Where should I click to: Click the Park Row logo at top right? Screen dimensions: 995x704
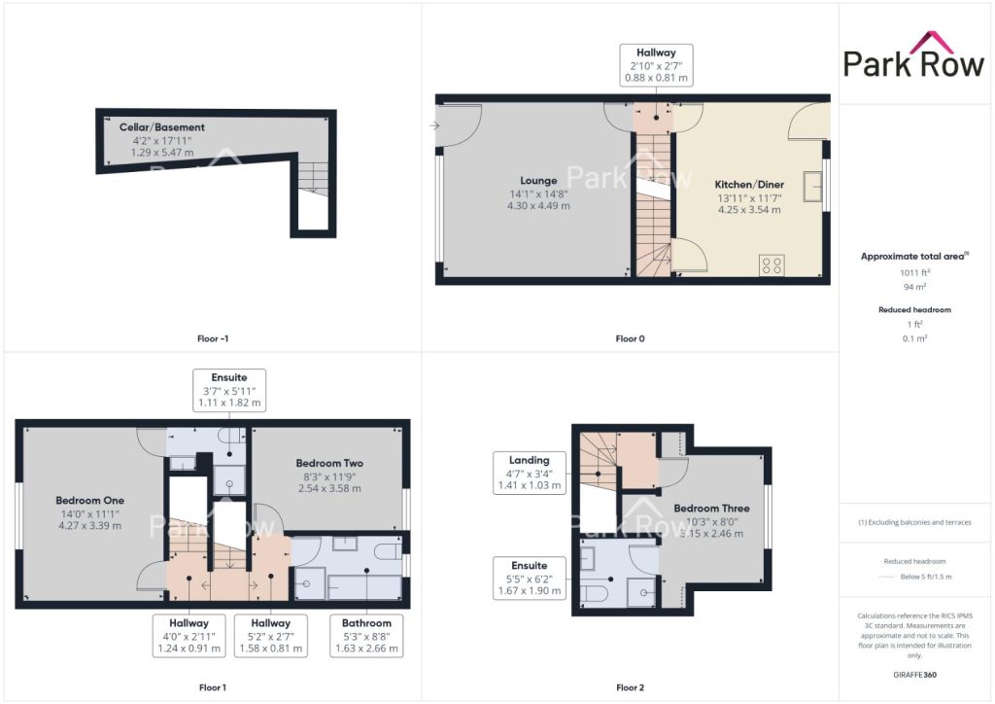(913, 55)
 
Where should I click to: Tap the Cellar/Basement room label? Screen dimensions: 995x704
(162, 127)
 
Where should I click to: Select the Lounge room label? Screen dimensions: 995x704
(538, 181)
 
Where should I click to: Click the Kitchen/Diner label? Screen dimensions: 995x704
(749, 184)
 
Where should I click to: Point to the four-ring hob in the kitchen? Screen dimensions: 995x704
(772, 265)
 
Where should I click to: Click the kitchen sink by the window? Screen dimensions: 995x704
(813, 187)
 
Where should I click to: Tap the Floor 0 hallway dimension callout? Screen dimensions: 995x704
(656, 65)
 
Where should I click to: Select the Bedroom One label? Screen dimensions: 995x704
(89, 500)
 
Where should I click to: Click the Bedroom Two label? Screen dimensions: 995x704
(329, 463)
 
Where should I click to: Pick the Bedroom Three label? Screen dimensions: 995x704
(711, 508)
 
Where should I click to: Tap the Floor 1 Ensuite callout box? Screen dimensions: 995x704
(229, 390)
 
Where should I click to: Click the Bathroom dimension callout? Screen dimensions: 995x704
(366, 635)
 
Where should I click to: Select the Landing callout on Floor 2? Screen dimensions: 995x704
(530, 473)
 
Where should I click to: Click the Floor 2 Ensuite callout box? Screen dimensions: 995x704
(530, 578)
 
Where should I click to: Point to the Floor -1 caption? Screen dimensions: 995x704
(213, 338)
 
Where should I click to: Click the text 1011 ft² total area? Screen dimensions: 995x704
(914, 272)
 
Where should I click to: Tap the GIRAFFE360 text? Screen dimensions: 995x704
(914, 674)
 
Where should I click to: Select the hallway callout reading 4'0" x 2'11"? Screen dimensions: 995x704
(189, 635)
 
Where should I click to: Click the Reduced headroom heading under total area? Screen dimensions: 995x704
(914, 310)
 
